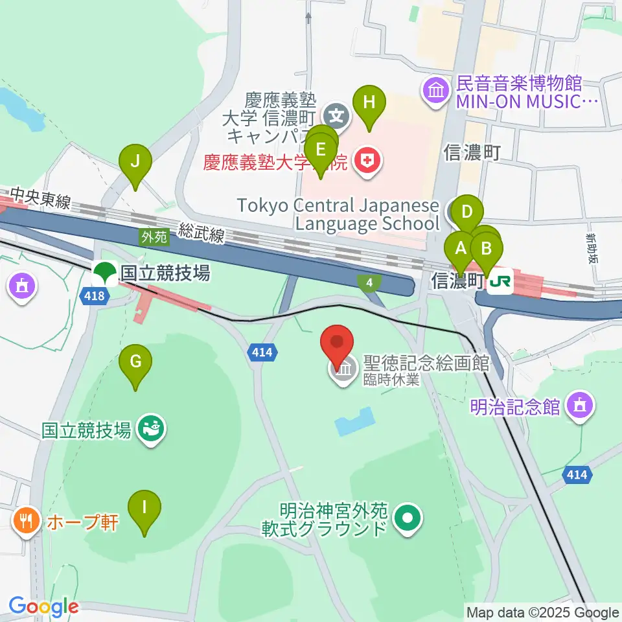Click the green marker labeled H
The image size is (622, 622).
[x=369, y=102]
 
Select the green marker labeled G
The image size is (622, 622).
[x=135, y=362]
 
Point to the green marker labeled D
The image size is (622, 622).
[x=467, y=212]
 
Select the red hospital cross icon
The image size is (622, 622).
[x=367, y=162]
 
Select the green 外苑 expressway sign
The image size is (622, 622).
[x=155, y=238]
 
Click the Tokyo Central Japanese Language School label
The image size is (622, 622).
[x=338, y=215]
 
